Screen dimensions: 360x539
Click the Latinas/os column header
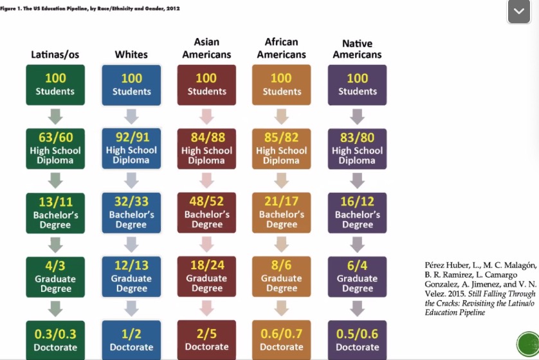pos(55,55)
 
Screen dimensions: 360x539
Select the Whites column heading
pos(131,55)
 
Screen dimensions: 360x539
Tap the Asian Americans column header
pos(206,49)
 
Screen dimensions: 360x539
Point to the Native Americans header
pos(358,49)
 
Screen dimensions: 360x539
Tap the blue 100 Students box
pos(131,84)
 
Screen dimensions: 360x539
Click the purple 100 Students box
pos(358,84)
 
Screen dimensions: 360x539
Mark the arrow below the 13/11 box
pos(55,244)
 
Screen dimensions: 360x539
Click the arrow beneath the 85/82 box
pos(282,180)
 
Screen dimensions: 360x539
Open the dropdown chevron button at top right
pos(519,12)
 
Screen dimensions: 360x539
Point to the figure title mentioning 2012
pos(90,8)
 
